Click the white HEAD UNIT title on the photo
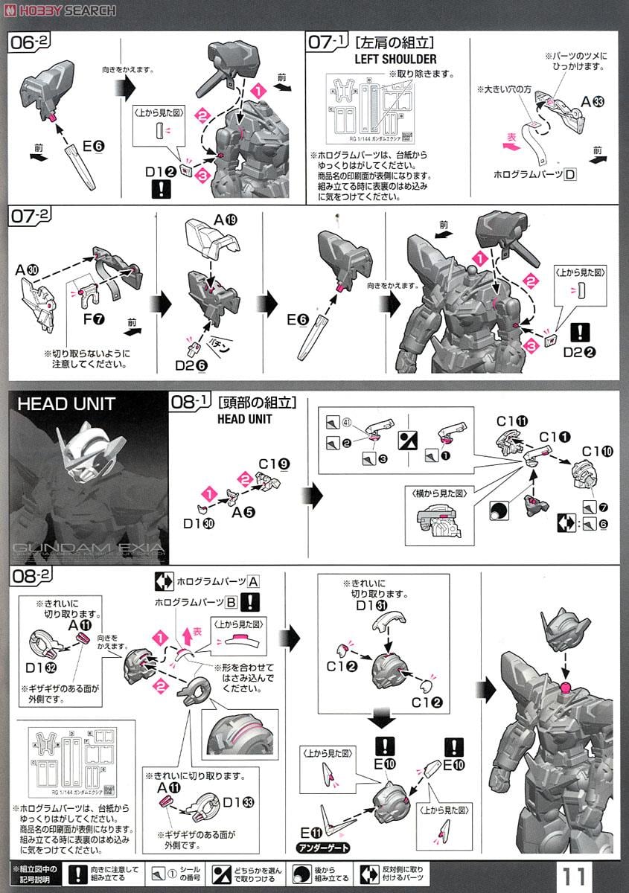click(x=66, y=404)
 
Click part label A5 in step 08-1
click(x=239, y=512)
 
